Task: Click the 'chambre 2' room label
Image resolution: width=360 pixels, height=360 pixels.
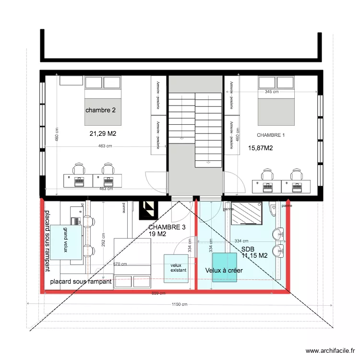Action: [100, 110]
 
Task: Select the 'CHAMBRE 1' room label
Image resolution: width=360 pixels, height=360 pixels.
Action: [271, 135]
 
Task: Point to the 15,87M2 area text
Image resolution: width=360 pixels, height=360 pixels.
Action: [260, 148]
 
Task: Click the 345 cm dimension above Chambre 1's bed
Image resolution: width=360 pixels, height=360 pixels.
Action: [272, 92]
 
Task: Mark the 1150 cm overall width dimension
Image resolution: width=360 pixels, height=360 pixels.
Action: [180, 304]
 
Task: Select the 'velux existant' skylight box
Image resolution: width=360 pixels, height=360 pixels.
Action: [176, 267]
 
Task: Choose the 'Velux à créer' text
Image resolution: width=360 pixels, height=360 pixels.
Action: [224, 271]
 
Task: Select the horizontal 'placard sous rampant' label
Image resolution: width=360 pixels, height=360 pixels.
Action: [81, 282]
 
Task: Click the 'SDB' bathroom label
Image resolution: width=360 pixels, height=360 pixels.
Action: [248, 249]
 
